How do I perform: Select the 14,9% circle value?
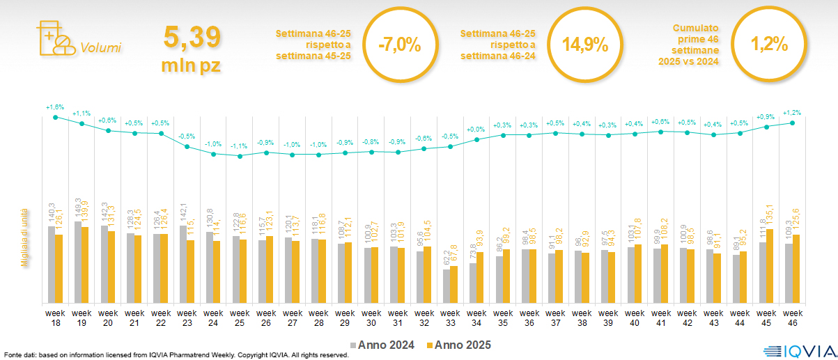[x=585, y=45]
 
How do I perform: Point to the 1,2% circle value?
[x=769, y=44]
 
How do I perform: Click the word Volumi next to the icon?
[x=101, y=48]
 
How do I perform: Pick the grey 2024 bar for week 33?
[x=447, y=286]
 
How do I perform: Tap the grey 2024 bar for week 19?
[x=77, y=262]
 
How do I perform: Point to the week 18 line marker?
[x=56, y=117]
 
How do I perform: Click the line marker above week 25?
[x=240, y=156]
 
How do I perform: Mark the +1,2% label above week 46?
[x=792, y=112]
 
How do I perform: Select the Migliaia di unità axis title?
[x=23, y=237]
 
